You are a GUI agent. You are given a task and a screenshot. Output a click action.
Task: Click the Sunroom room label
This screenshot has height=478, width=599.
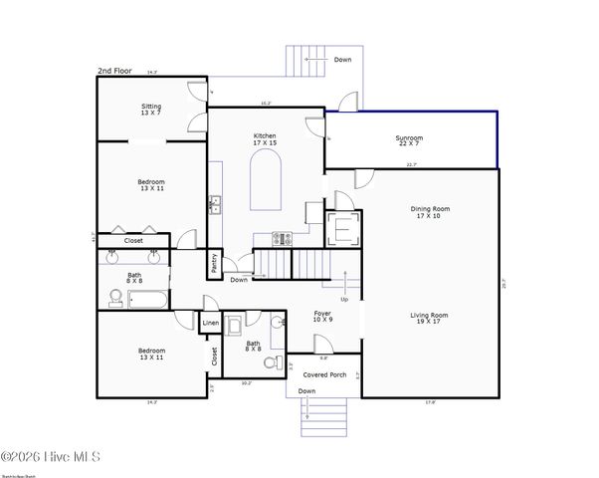point(409,141)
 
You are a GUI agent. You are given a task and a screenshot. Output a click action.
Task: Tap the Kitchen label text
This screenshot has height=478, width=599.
point(264,139)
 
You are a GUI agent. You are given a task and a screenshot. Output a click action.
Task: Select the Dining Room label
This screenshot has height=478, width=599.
point(431,212)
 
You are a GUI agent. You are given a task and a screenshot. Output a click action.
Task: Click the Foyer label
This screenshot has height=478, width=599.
point(322,316)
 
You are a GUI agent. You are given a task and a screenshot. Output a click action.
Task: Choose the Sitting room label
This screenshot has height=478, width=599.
point(151,109)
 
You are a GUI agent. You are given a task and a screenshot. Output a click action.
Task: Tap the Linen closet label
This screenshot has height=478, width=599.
point(211,324)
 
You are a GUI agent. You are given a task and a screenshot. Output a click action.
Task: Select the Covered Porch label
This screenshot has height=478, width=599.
point(324,374)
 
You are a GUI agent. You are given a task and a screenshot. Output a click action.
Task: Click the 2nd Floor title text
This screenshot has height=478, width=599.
point(116,71)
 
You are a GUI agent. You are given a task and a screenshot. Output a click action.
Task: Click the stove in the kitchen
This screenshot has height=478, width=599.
point(282,238)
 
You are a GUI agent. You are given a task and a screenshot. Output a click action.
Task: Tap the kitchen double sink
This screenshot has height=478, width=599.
point(214,205)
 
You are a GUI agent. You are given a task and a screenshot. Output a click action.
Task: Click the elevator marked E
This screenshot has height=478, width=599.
point(342,228)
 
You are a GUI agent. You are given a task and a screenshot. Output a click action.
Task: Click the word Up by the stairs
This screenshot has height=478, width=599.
point(345,299)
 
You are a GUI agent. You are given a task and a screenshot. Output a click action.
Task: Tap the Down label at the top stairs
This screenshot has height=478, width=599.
point(342,59)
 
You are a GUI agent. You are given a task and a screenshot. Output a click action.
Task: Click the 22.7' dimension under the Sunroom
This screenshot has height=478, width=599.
point(411,165)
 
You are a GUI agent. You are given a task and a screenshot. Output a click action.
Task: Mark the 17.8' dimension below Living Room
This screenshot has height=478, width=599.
point(429,402)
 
